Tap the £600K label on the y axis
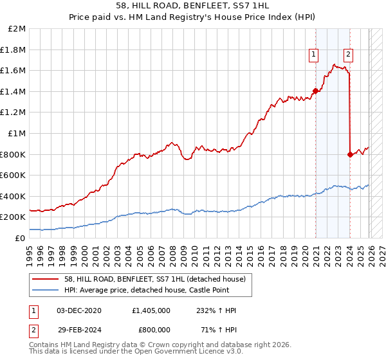tap(13, 175)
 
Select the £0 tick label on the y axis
tap(21, 238)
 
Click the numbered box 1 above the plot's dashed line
tap(313, 55)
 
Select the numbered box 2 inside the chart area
tap(348, 55)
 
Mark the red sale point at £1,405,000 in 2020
tap(316, 91)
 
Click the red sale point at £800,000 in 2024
tap(350, 154)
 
